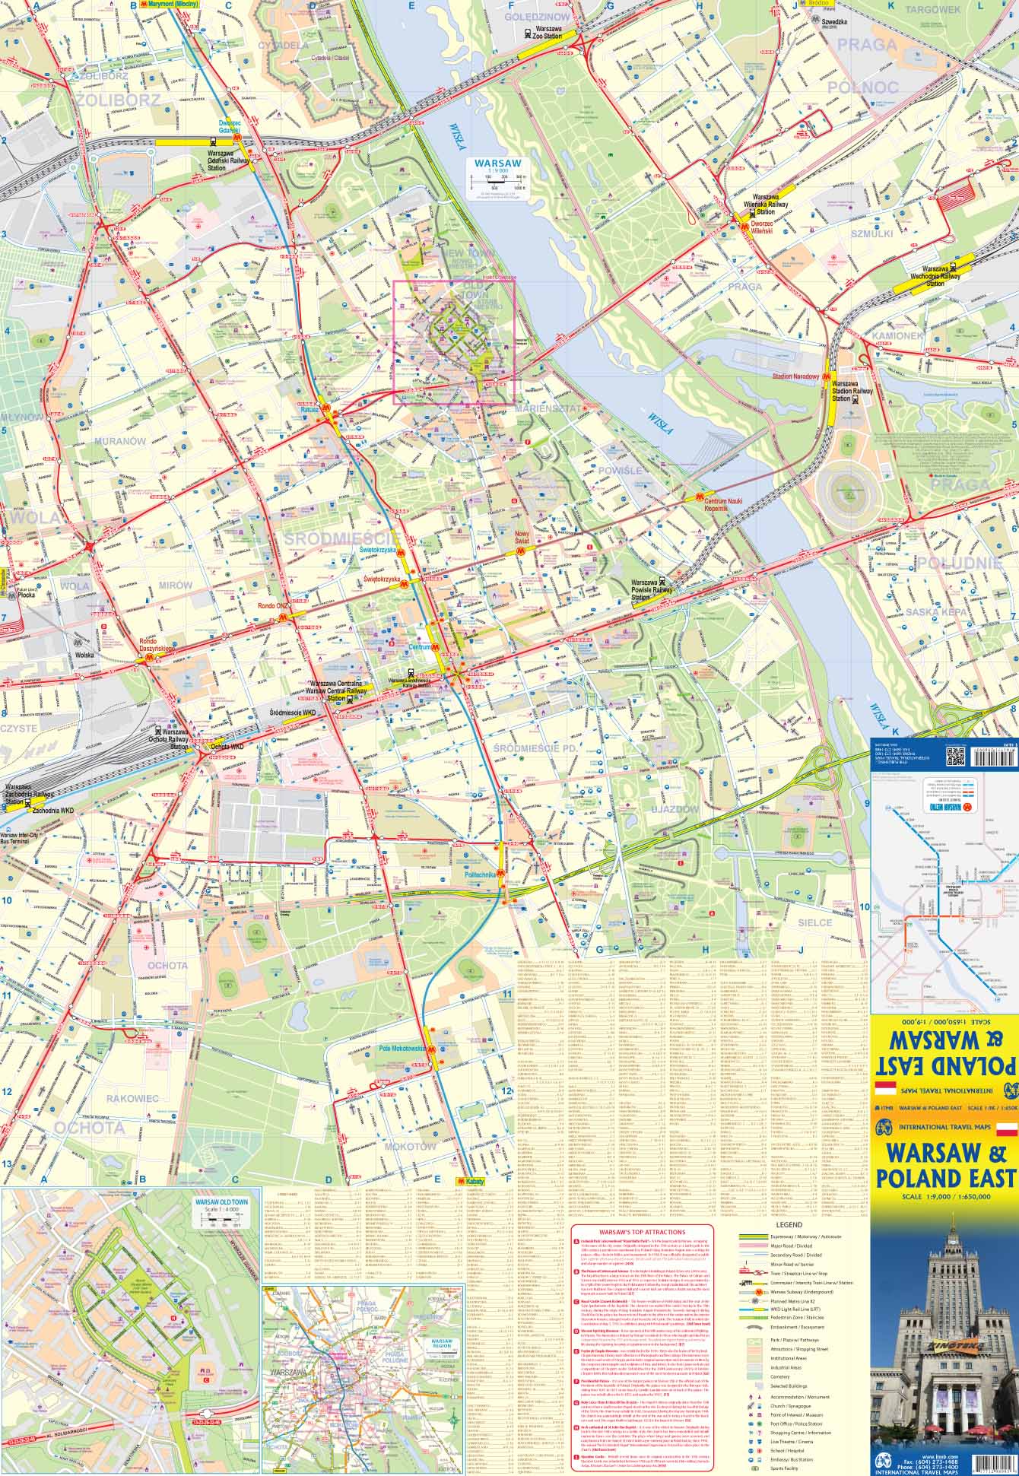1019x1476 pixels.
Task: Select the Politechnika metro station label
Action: coord(480,875)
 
